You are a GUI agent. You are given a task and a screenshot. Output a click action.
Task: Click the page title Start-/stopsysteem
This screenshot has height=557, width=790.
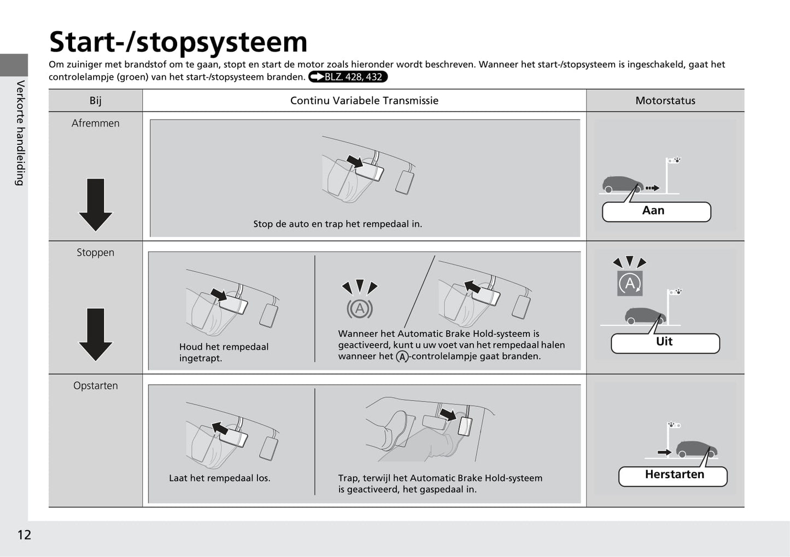(178, 42)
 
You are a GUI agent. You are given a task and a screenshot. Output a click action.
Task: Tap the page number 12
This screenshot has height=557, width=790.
(24, 535)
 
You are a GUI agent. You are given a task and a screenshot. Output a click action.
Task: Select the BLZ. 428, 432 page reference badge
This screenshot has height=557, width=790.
(348, 77)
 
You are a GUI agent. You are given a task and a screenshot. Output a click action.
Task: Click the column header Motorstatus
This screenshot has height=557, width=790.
(665, 101)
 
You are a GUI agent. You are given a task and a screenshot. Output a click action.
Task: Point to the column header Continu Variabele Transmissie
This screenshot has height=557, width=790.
(364, 101)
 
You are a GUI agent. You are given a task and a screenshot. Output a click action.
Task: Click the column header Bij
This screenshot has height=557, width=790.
(95, 101)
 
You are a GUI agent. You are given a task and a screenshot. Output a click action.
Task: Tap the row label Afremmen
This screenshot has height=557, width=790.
(95, 124)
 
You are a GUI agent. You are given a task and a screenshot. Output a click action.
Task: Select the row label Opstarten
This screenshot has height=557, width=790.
(95, 386)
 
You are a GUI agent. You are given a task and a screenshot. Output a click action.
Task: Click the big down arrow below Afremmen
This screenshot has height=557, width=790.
(95, 204)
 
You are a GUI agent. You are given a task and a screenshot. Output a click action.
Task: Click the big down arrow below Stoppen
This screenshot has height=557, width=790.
(95, 334)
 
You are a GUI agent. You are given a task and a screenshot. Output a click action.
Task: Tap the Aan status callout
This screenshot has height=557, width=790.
(656, 212)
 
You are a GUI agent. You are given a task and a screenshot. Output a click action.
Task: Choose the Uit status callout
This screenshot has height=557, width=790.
(665, 343)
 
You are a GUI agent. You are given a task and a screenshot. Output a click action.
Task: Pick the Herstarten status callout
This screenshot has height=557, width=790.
(673, 476)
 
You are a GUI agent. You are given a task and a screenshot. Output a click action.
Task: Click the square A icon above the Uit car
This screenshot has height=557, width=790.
(630, 283)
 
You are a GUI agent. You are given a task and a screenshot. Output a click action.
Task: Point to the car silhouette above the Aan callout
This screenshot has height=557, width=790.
(622, 184)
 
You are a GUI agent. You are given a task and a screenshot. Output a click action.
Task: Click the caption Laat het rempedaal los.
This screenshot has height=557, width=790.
(219, 478)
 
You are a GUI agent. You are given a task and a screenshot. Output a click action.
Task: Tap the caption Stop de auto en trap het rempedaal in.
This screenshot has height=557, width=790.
(337, 224)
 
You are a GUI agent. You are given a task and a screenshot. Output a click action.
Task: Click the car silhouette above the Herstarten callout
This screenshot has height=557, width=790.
(697, 449)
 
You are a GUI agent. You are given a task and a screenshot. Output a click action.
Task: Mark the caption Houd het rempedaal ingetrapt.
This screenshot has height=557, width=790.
(224, 353)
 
